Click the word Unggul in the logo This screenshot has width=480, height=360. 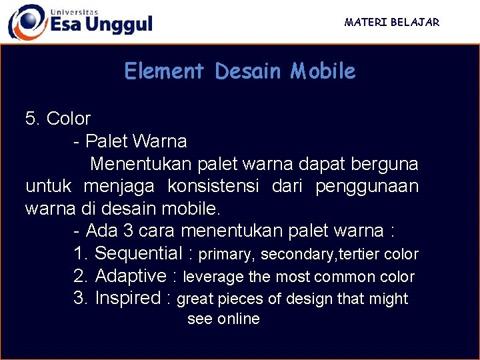[x=120, y=25]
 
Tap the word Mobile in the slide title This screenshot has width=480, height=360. [x=323, y=71]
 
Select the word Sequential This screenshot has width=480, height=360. [x=139, y=253]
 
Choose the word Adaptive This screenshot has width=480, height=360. [x=131, y=276]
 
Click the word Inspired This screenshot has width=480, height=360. [x=128, y=298]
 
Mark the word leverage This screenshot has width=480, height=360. [x=213, y=277]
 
